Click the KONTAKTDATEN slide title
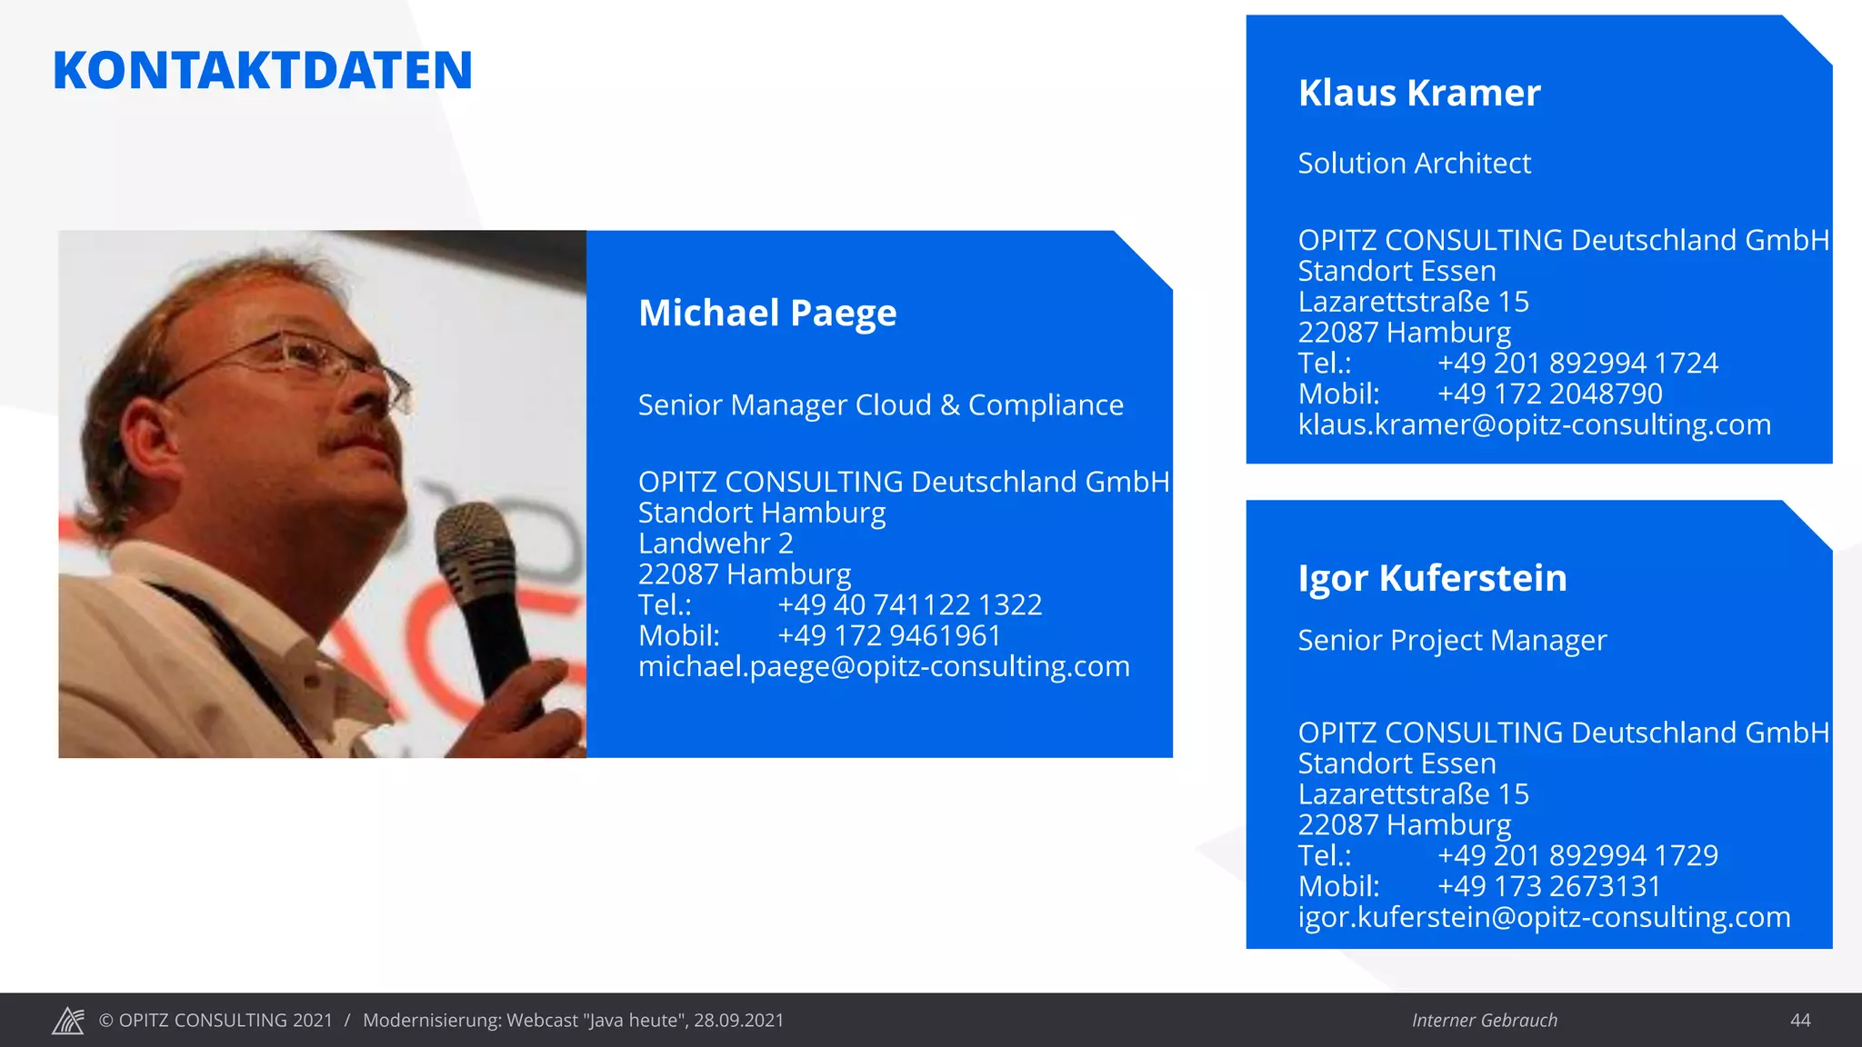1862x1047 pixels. point(263,71)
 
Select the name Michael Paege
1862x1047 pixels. point(767,313)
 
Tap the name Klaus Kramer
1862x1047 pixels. point(1419,93)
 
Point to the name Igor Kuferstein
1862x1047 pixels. point(1432,578)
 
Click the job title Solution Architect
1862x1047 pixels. point(1414,164)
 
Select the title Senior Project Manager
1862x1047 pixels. point(1452,641)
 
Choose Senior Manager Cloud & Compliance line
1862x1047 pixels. point(880,405)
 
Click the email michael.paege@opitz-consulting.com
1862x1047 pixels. point(884,666)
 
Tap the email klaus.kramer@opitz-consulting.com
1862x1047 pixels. point(1534,424)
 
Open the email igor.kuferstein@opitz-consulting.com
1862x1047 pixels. point(1544,917)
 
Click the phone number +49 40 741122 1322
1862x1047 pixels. point(909,605)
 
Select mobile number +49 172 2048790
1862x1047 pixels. point(1549,394)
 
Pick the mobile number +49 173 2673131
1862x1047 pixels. point(1548,886)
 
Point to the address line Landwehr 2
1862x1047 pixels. point(716,543)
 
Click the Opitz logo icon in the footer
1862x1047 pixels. point(68,1021)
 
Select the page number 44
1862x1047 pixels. point(1799,1021)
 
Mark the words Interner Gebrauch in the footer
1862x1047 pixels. point(1484,1021)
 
